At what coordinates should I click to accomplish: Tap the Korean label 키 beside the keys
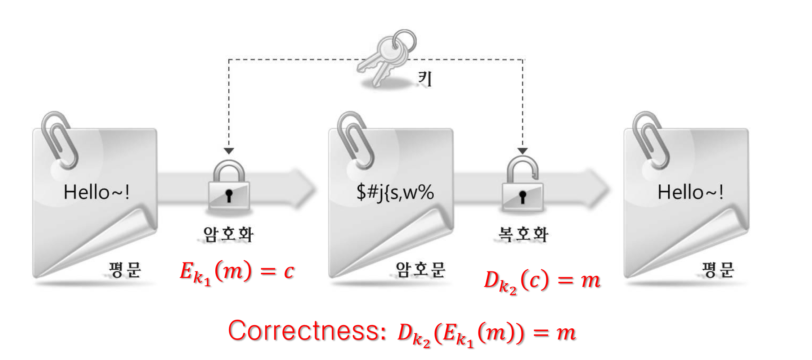pyautogui.click(x=425, y=78)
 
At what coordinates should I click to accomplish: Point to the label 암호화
pyautogui.click(x=228, y=234)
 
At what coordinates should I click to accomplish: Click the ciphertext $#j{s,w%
pyautogui.click(x=395, y=192)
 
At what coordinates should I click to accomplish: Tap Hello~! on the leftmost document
pyautogui.click(x=97, y=192)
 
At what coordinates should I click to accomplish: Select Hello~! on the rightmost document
pyautogui.click(x=690, y=192)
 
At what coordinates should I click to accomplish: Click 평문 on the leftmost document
pyautogui.click(x=125, y=270)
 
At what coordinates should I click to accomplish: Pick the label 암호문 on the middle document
pyautogui.click(x=420, y=270)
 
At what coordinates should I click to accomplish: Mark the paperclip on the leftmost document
pyautogui.click(x=59, y=140)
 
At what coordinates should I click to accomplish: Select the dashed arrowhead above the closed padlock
pyautogui.click(x=229, y=151)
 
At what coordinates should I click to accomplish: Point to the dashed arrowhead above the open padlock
pyautogui.click(x=522, y=151)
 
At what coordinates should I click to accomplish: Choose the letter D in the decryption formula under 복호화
pyautogui.click(x=491, y=280)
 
